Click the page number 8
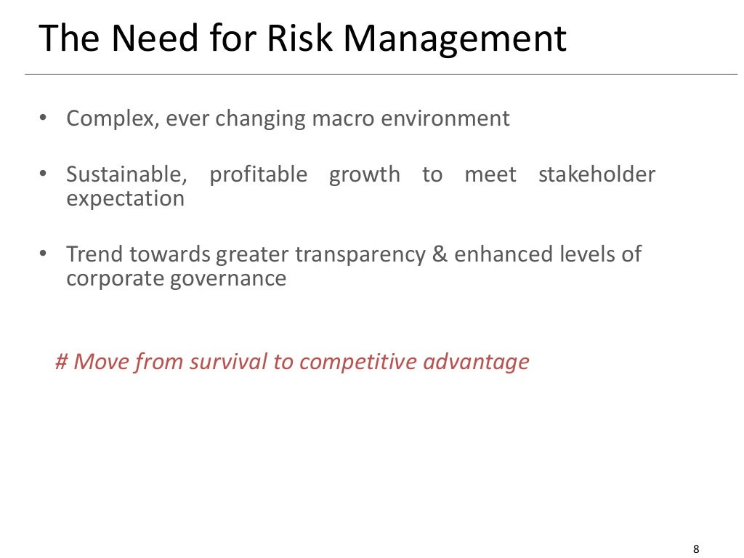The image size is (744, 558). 697,528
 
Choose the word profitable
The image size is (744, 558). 258,175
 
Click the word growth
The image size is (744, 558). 364,175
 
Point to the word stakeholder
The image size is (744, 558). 597,174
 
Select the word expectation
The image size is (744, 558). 125,198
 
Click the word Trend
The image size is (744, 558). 95,254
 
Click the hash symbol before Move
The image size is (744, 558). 61,361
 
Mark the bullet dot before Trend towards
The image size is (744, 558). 43,254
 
